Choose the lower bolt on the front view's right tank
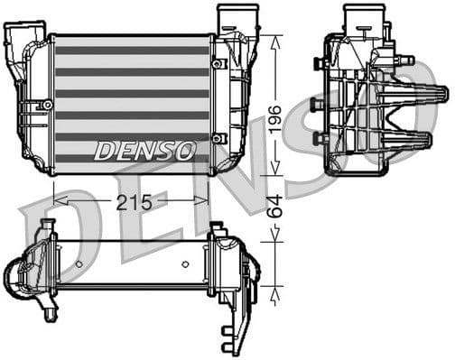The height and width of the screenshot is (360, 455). pyautogui.click(x=218, y=138)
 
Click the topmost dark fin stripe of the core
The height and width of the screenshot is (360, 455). pyautogui.click(x=132, y=51)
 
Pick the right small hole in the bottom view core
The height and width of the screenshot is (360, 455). pyautogui.click(x=186, y=264)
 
